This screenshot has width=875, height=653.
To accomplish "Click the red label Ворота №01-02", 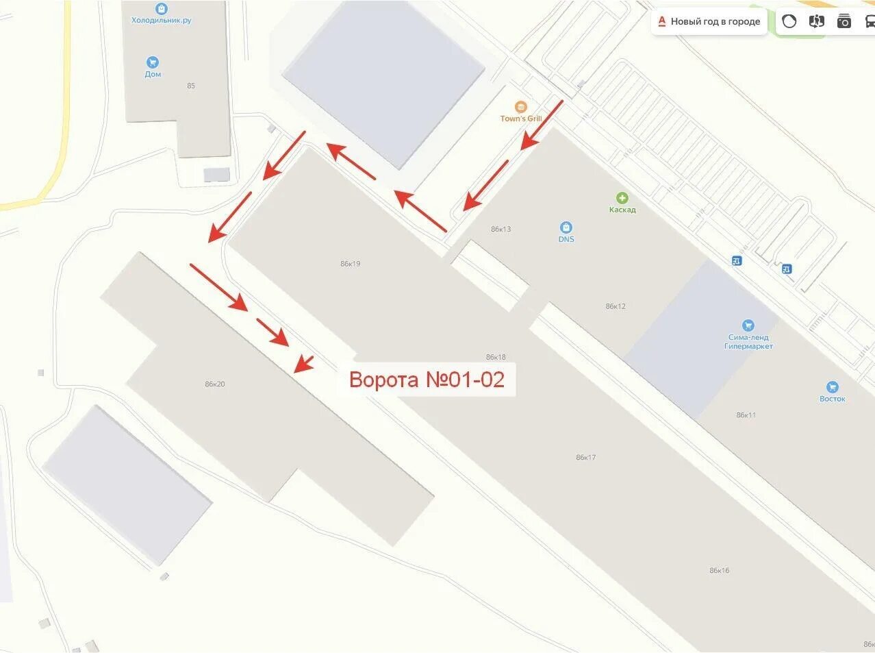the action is (427, 379).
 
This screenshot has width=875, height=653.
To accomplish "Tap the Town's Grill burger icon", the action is (521, 107).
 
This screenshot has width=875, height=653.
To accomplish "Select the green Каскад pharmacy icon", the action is (622, 198).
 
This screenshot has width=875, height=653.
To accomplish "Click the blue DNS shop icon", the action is (566, 227).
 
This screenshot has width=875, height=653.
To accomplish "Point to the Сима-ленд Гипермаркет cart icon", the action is (748, 325).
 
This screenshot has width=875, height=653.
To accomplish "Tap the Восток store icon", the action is (832, 387).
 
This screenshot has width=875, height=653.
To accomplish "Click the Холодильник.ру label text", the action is (162, 21).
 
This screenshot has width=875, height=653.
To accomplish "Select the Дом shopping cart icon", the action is (153, 62).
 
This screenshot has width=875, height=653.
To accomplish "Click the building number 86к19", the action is (350, 264).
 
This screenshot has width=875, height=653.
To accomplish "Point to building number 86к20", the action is (214, 384).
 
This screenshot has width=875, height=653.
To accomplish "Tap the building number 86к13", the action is (500, 230).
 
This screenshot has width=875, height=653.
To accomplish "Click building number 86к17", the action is (585, 458).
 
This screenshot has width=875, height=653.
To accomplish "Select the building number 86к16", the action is (719, 571).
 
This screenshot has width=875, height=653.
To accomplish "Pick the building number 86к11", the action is (746, 415).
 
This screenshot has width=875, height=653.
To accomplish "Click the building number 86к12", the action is (616, 306).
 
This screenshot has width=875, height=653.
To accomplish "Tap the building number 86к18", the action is (496, 357).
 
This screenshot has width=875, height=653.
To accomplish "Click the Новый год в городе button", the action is (709, 22).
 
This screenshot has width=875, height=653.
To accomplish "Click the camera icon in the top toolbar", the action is (844, 21).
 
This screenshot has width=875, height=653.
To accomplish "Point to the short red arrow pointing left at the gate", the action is (303, 364).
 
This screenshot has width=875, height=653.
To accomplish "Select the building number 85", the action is (191, 86).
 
